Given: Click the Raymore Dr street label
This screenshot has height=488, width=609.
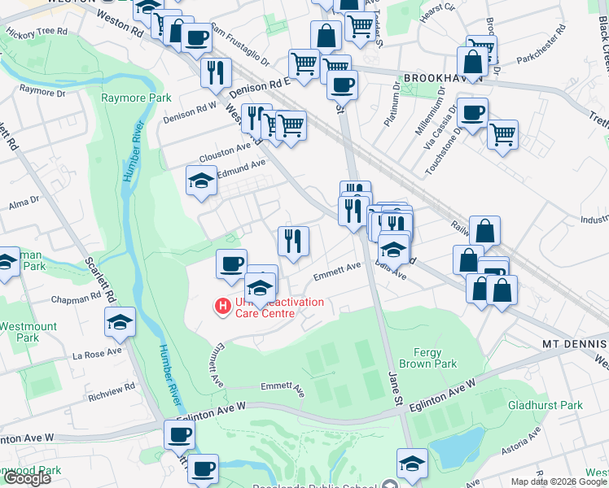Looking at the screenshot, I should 41,90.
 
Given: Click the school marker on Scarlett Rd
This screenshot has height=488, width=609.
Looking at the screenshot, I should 120,322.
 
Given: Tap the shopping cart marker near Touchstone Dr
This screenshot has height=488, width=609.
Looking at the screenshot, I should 502,133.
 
